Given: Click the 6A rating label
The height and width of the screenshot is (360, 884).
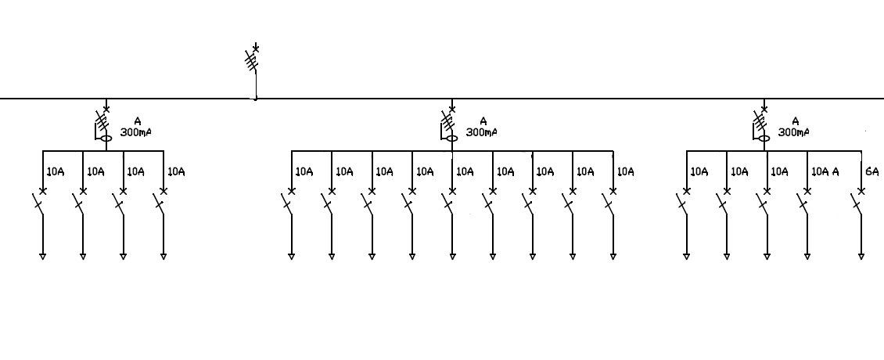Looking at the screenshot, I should (x=871, y=171).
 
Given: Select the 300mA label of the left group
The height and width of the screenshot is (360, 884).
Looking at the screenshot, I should (x=136, y=132).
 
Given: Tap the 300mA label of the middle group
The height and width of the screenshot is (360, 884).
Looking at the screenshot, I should (x=482, y=132).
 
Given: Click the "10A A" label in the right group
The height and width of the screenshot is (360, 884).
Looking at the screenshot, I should (x=825, y=171).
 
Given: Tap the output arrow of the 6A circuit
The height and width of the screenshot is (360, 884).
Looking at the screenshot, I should (x=861, y=255).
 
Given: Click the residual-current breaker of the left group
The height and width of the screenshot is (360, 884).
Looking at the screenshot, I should (x=102, y=125).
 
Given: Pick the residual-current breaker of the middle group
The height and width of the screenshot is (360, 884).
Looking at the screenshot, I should (x=448, y=125).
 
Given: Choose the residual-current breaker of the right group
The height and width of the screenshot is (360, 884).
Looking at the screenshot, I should (x=760, y=125).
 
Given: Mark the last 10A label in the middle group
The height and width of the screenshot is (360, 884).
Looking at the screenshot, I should (x=625, y=171).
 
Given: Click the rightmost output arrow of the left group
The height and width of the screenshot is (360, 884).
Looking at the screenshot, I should (x=164, y=255).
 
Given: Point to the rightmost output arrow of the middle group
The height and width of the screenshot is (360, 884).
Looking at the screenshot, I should (x=613, y=255).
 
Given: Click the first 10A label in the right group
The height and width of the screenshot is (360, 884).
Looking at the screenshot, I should (x=699, y=171).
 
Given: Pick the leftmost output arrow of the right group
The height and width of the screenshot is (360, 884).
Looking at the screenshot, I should (x=686, y=255).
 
